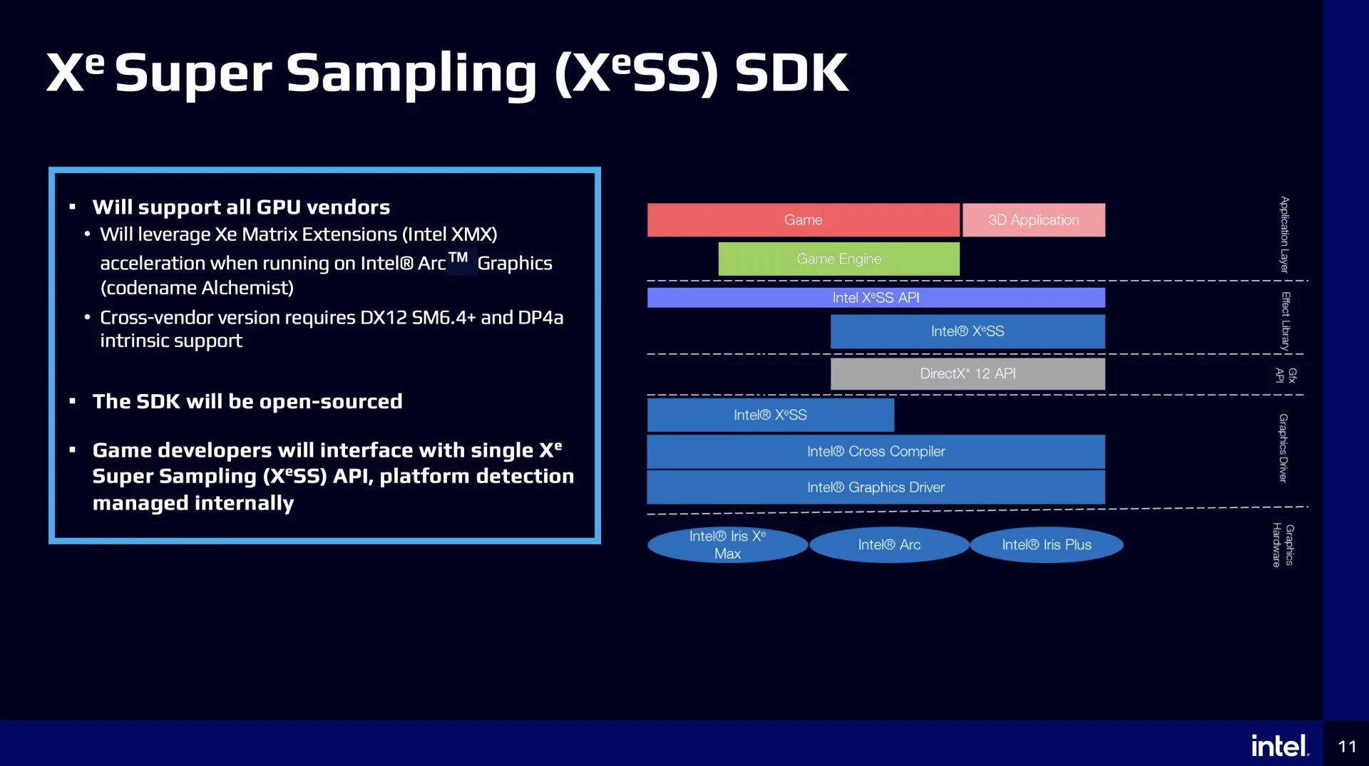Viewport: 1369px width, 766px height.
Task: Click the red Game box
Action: (x=803, y=220)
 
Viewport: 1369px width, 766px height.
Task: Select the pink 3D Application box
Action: (x=1033, y=220)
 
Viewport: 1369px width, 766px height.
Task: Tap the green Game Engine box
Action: (x=839, y=259)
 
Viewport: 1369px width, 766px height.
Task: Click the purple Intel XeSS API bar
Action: (x=876, y=298)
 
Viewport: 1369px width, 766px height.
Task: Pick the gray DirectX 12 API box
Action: (x=968, y=373)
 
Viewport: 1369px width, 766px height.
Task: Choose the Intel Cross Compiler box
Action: (x=876, y=452)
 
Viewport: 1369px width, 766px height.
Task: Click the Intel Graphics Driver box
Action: (x=876, y=487)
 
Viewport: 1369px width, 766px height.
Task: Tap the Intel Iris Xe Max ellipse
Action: (x=727, y=545)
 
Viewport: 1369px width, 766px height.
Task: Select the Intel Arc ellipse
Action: (x=889, y=545)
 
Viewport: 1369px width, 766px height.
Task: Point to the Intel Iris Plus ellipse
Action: (x=1047, y=545)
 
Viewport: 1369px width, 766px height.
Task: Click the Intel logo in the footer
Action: (x=1280, y=746)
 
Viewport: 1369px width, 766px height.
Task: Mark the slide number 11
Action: (x=1347, y=746)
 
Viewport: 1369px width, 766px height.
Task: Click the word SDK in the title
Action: (x=791, y=73)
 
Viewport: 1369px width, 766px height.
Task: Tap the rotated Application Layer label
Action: (x=1284, y=234)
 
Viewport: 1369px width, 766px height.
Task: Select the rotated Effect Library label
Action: (x=1286, y=321)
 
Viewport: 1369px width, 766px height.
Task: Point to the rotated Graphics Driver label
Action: (x=1283, y=448)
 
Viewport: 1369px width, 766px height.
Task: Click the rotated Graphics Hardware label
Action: (x=1283, y=545)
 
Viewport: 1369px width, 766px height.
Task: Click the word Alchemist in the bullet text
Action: (x=245, y=288)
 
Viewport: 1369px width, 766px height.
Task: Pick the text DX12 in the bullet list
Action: (x=384, y=318)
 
